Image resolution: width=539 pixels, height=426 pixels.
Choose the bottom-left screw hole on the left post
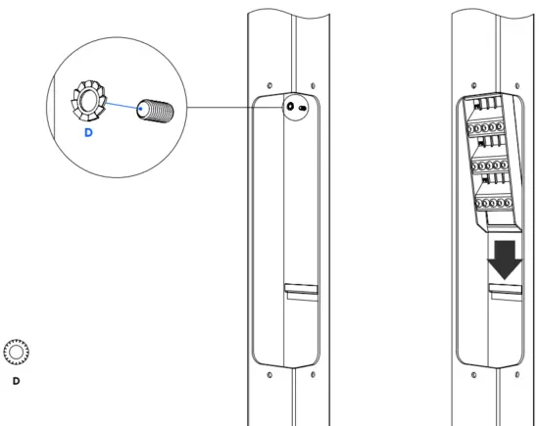point(271,373)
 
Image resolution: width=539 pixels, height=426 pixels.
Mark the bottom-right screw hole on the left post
point(311,373)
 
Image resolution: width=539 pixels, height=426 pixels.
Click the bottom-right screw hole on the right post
point(516,373)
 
